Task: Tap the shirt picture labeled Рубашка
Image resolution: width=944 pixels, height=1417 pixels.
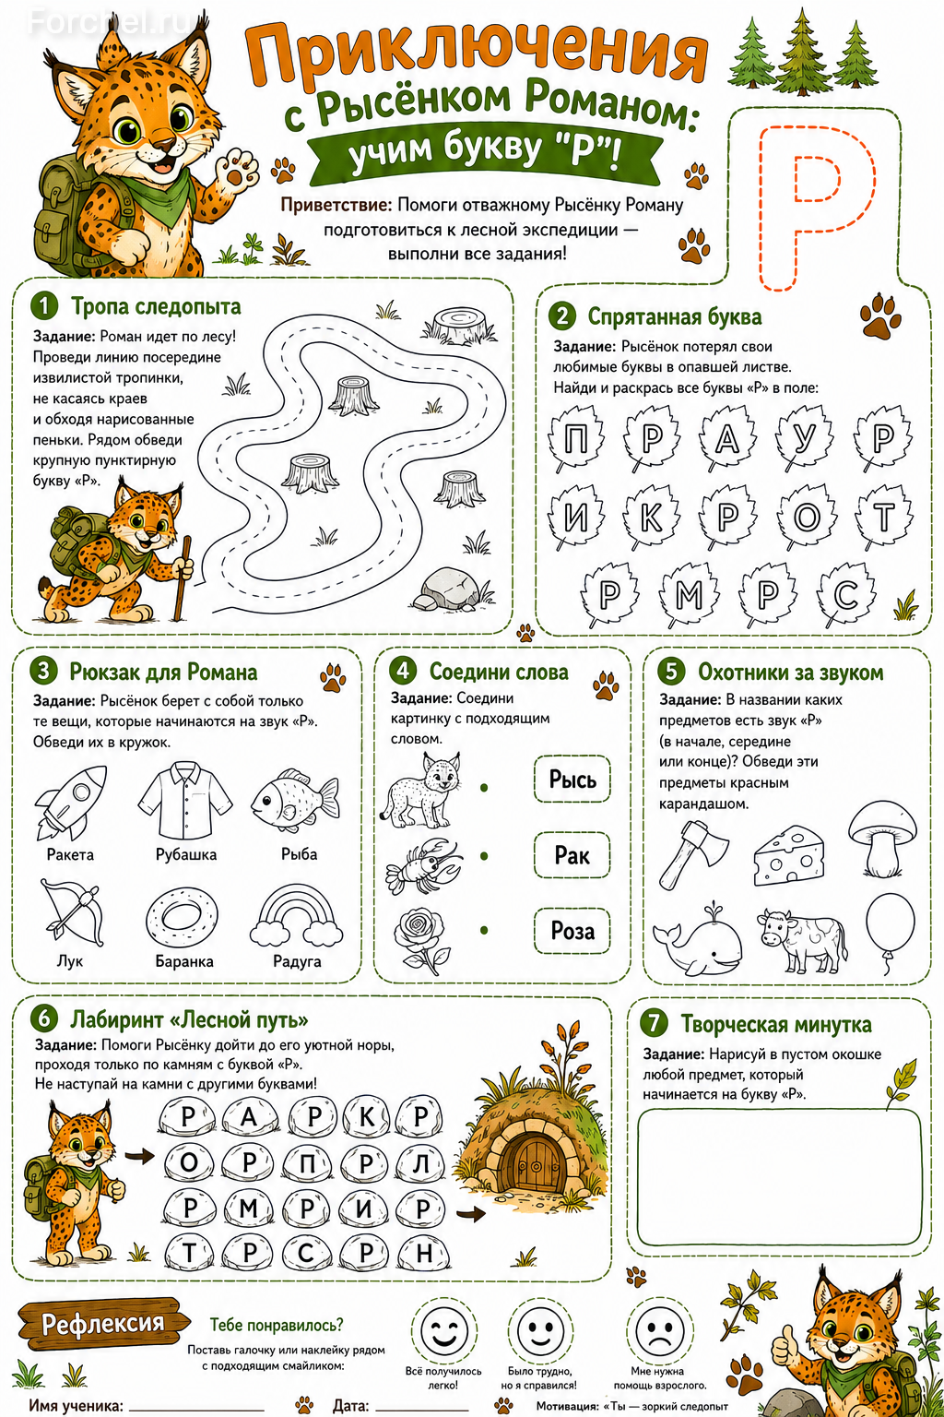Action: tap(185, 800)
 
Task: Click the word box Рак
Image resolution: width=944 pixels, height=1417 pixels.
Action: tap(572, 855)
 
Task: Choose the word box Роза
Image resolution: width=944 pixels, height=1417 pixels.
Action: tap(572, 931)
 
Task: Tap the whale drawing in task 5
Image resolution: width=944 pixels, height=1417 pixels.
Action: tap(698, 940)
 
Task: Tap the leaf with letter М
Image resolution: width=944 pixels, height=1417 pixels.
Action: tap(690, 594)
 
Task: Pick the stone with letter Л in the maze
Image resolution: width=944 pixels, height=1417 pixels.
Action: tap(421, 1162)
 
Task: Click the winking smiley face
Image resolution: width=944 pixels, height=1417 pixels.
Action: tap(443, 1329)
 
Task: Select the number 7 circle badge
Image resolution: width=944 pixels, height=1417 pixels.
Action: tap(654, 1023)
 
